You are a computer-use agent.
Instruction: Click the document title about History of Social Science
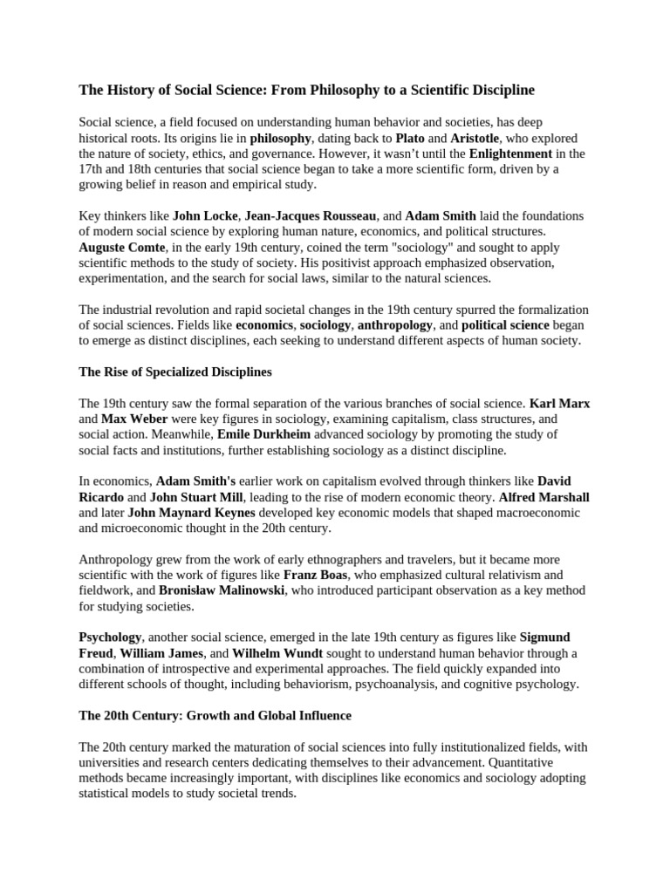[x=306, y=90]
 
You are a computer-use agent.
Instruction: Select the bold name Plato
[x=410, y=138]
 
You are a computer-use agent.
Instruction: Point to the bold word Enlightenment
[x=510, y=153]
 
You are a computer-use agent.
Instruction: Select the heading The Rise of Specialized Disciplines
[x=175, y=372]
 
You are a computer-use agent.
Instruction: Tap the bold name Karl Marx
[x=560, y=403]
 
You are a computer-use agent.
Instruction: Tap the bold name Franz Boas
[x=313, y=575]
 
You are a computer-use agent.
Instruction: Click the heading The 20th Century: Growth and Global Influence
[x=215, y=715]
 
